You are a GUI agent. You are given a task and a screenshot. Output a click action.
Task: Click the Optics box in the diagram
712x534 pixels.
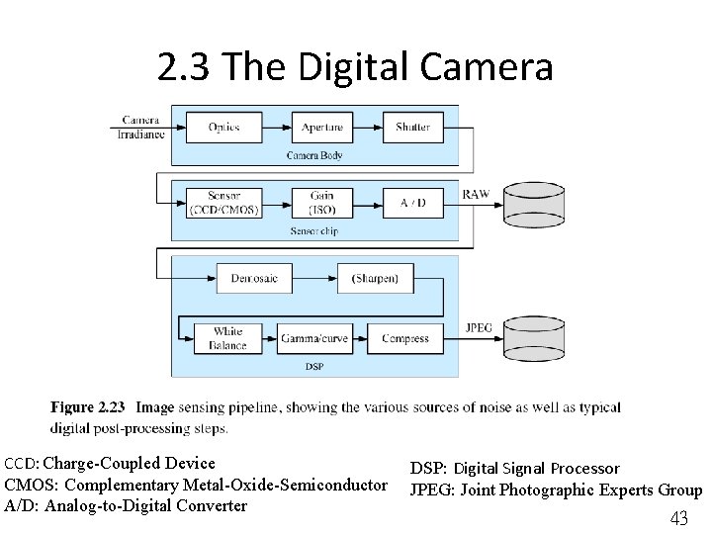223,128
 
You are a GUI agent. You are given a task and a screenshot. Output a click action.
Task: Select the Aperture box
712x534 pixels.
322,128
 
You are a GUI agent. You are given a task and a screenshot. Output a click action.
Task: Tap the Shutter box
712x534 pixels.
412,128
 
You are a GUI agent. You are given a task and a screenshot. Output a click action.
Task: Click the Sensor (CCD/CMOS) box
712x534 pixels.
223,203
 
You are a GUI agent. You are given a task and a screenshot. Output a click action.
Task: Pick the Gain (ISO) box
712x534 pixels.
322,203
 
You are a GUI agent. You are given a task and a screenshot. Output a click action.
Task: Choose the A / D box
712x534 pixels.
412,203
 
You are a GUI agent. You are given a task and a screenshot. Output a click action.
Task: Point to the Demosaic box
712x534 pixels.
254,278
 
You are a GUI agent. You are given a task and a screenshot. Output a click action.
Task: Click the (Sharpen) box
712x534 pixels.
375,278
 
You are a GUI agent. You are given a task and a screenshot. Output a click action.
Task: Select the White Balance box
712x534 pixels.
227,338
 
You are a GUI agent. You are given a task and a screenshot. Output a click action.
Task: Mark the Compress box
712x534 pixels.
405,338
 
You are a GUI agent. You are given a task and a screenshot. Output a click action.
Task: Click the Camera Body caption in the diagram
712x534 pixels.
314,156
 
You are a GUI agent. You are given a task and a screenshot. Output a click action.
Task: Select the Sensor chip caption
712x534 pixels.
314,230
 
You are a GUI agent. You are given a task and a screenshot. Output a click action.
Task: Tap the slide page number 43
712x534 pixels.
679,518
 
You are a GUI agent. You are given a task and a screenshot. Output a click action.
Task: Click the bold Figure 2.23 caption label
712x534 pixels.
88,407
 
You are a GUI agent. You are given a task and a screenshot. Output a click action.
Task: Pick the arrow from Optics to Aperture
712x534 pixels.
275,128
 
